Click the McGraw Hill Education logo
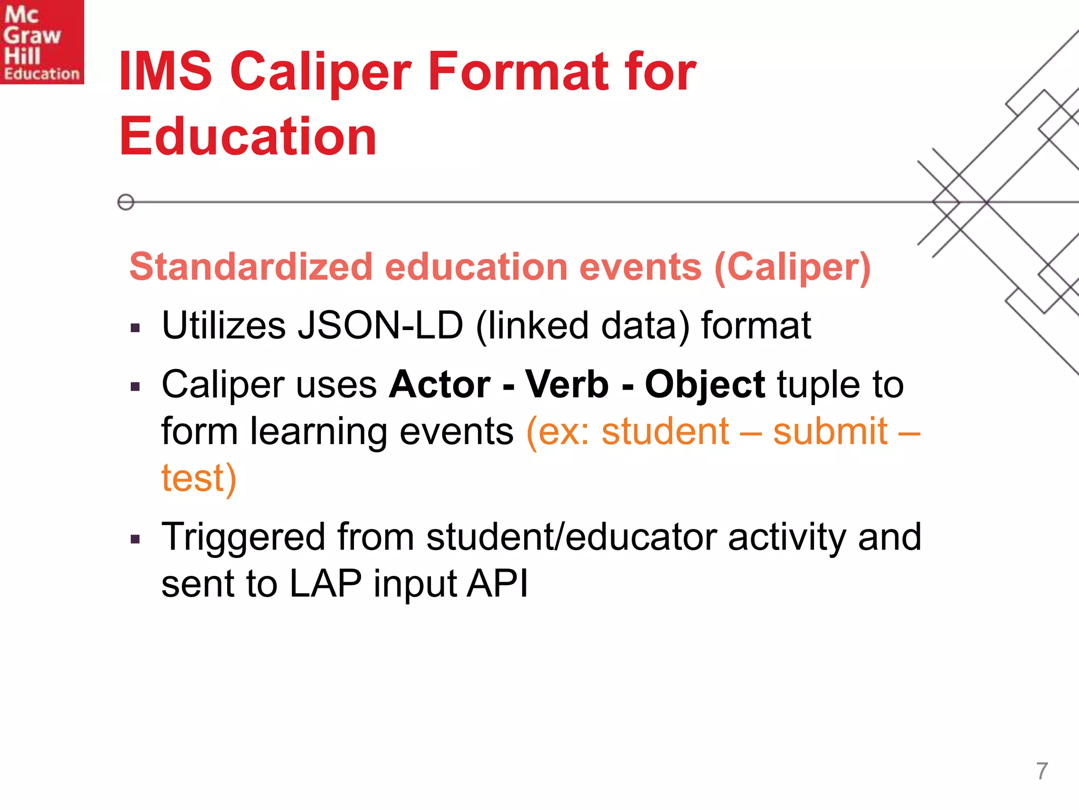tap(42, 42)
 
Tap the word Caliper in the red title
tap(320, 72)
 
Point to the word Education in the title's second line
tap(248, 137)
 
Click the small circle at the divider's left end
tap(126, 202)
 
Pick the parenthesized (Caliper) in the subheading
tap(792, 268)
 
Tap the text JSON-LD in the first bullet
tap(380, 325)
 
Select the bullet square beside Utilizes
tap(135, 329)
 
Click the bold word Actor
tap(439, 384)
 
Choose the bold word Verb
tap(567, 384)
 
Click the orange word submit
tap(830, 431)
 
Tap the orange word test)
tap(199, 478)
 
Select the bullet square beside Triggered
tap(135, 539)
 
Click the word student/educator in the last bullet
tap(572, 537)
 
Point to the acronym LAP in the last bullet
tap(325, 584)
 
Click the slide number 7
tap(1042, 771)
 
